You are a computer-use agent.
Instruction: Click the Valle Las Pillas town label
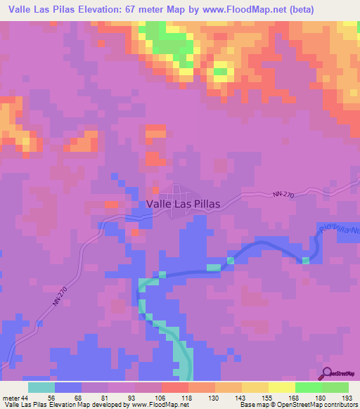coord(183,204)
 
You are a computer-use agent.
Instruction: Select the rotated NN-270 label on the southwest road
coord(62,293)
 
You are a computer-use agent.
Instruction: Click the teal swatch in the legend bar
coord(41,387)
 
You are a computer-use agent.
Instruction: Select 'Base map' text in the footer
coord(255,405)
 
